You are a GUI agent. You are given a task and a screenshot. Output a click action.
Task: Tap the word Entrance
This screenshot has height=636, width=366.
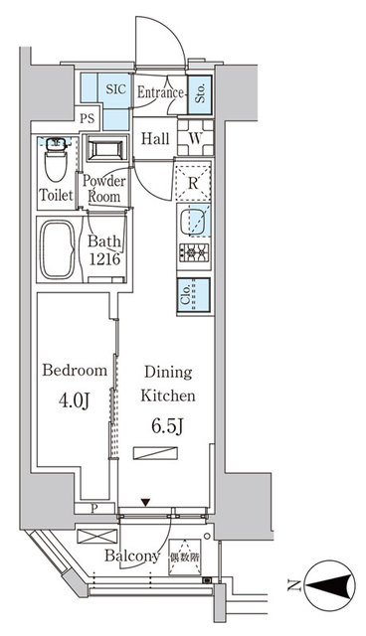click(x=161, y=93)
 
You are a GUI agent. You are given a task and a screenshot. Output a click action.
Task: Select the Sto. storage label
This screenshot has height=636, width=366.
click(x=199, y=95)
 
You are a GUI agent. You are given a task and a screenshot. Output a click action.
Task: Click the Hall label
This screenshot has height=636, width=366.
click(x=155, y=139)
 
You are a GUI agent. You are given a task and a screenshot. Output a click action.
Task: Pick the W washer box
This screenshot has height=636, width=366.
click(x=197, y=139)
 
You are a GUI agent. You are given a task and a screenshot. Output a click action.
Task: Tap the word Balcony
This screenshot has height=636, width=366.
click(x=132, y=557)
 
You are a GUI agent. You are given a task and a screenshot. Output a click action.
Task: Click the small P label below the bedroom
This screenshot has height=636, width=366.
click(x=93, y=507)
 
